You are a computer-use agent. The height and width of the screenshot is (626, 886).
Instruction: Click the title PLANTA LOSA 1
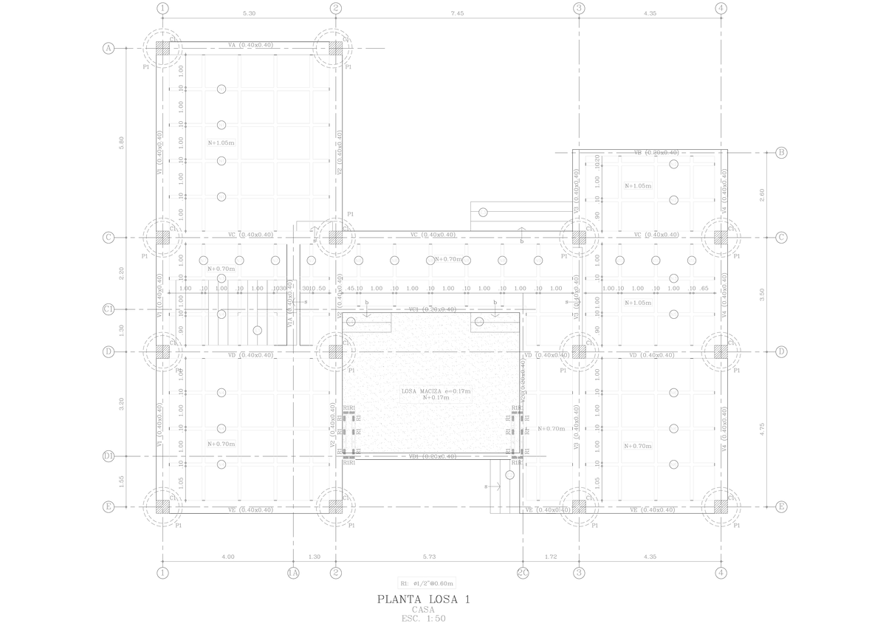click(x=423, y=599)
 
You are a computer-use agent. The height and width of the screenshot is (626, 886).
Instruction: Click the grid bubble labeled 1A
click(x=293, y=573)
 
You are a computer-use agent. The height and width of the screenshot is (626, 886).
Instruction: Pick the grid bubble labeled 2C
click(x=523, y=573)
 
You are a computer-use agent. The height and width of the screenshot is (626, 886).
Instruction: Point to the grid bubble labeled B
click(x=782, y=153)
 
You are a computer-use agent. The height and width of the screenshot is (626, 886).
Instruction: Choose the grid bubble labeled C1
click(x=108, y=309)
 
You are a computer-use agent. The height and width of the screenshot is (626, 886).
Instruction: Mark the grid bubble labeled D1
click(x=108, y=457)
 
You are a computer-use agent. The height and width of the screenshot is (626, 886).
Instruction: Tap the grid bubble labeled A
click(x=108, y=49)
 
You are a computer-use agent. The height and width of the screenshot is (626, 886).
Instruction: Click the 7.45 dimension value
click(x=457, y=13)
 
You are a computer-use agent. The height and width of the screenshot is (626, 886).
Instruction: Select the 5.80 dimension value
click(x=122, y=142)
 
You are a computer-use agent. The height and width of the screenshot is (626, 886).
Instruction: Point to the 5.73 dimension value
click(x=429, y=557)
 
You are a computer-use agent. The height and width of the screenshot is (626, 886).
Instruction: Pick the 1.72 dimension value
click(x=551, y=557)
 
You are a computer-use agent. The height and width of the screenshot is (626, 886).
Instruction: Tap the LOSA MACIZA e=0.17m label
click(x=436, y=391)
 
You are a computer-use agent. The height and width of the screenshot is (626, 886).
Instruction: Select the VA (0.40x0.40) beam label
click(x=251, y=45)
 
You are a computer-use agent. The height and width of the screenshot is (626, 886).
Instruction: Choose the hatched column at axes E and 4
click(x=721, y=506)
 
